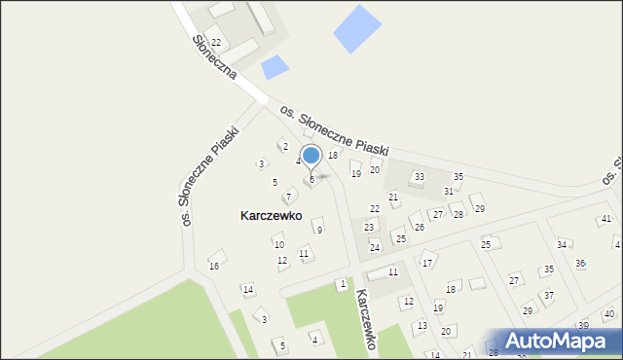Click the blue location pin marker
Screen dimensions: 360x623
pyautogui.click(x=311, y=156)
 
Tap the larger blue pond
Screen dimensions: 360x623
pyautogui.click(x=357, y=29)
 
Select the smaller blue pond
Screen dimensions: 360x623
pyautogui.click(x=275, y=67)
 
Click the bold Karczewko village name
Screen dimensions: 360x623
pyautogui.click(x=271, y=215)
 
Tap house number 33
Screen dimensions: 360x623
pyautogui.click(x=419, y=177)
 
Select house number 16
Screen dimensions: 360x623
pyautogui.click(x=214, y=266)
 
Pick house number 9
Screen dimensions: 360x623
pyautogui.click(x=319, y=230)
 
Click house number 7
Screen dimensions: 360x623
pyautogui.click(x=288, y=197)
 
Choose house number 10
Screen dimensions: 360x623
pyautogui.click(x=278, y=244)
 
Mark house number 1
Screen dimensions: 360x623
pyautogui.click(x=342, y=283)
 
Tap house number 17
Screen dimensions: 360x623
pyautogui.click(x=426, y=263)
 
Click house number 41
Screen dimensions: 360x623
pyautogui.click(x=605, y=219)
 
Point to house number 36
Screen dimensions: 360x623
pyautogui.click(x=580, y=263)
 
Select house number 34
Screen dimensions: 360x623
pyautogui.click(x=562, y=244)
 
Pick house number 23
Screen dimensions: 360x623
pyautogui.click(x=369, y=227)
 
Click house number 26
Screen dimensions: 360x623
pyautogui.click(x=420, y=227)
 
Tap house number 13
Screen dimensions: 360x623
pyautogui.click(x=421, y=325)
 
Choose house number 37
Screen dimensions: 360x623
pyautogui.click(x=548, y=295)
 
